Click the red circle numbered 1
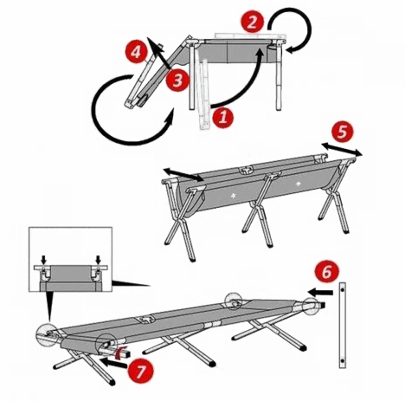pos(222,117)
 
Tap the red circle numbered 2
pos(253,23)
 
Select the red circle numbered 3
pos(177,80)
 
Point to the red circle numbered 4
pos(136,52)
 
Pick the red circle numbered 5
pos(342,132)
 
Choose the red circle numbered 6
pos(327,272)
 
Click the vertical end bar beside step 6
pos(343,325)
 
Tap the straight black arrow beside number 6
pos(320,293)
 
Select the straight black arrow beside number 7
pos(113,363)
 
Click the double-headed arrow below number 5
pos(342,150)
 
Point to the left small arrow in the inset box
pos(43,259)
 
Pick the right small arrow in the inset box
pos(99,259)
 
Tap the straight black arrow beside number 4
pos(158,53)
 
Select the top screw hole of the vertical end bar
pos(343,289)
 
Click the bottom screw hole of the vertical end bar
pos(343,361)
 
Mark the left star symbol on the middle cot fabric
pos(233,196)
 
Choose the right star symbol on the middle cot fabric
pos(298,184)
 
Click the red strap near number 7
pos(119,352)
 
